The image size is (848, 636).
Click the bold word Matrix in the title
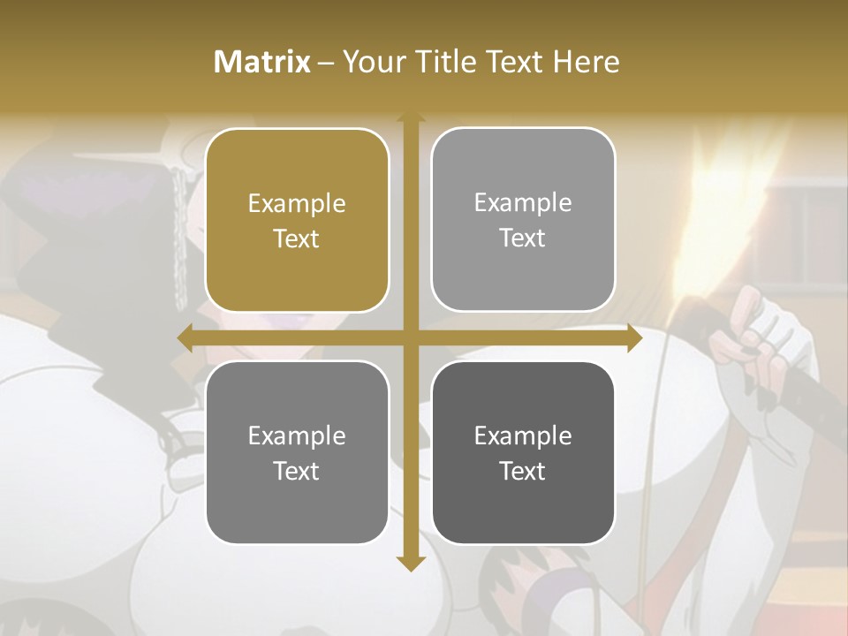pos(262,62)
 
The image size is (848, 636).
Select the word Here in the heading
pos(587,62)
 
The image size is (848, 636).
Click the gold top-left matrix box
pos(297,220)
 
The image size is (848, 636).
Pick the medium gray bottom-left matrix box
pos(297,452)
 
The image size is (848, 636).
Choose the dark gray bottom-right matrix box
pos(523,452)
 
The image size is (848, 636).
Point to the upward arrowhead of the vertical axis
pos(411,116)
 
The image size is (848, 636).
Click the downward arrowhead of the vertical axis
pos(411,563)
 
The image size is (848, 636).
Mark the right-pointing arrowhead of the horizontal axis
pos(633,338)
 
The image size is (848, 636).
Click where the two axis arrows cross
pos(411,338)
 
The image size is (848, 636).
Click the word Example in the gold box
pos(297,204)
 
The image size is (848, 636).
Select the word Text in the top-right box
pos(523,238)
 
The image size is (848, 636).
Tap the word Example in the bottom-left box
pos(297,436)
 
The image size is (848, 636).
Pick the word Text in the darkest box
pos(523,471)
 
